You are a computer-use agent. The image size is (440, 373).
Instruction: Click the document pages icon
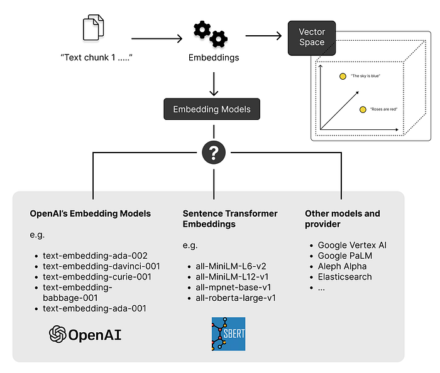click(x=94, y=28)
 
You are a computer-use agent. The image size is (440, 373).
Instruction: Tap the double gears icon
click(x=211, y=34)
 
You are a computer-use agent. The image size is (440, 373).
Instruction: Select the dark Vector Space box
click(x=312, y=38)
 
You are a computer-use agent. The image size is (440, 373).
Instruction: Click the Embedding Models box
click(x=212, y=109)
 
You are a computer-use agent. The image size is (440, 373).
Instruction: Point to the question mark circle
click(x=214, y=153)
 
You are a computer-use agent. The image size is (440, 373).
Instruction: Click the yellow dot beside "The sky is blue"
click(x=343, y=76)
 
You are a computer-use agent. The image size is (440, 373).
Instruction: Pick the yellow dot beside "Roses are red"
click(x=363, y=109)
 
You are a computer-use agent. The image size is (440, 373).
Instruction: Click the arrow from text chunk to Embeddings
click(x=157, y=38)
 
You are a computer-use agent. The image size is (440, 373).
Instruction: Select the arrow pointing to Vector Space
click(x=263, y=36)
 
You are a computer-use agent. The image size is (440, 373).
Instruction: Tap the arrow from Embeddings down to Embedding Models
click(x=214, y=84)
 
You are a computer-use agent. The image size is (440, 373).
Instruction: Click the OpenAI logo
click(x=85, y=334)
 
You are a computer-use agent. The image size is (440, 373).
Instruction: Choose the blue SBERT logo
click(x=228, y=334)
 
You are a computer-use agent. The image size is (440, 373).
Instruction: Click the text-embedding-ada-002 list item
click(x=95, y=256)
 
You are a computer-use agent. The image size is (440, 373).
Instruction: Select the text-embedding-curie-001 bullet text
click(x=97, y=277)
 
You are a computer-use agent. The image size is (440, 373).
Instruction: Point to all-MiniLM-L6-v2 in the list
click(x=231, y=266)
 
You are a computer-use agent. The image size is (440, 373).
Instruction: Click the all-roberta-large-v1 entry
click(x=236, y=298)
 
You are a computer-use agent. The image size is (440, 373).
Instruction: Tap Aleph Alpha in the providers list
click(x=342, y=266)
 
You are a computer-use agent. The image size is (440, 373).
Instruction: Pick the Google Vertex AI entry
click(x=352, y=245)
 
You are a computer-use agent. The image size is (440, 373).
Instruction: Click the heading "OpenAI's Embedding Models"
click(x=91, y=214)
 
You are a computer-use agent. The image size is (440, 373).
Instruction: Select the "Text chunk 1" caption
click(x=97, y=57)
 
